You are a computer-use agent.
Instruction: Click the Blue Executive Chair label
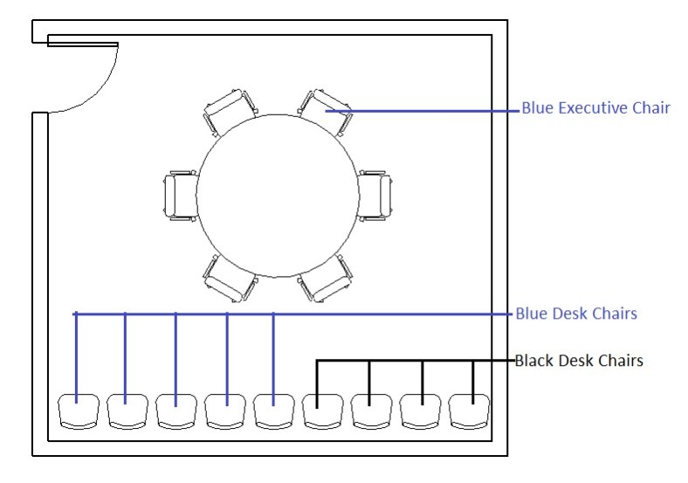coord(595,109)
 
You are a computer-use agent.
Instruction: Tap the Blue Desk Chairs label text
coord(576,313)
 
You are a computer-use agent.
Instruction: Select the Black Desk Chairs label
coord(580,360)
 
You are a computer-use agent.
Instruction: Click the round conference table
coord(278,194)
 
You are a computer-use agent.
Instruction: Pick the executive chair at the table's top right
coord(325,112)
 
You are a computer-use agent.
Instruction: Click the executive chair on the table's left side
coord(181,195)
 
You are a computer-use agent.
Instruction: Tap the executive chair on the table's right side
coord(375,195)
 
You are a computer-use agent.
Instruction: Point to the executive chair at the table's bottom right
coord(325,277)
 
